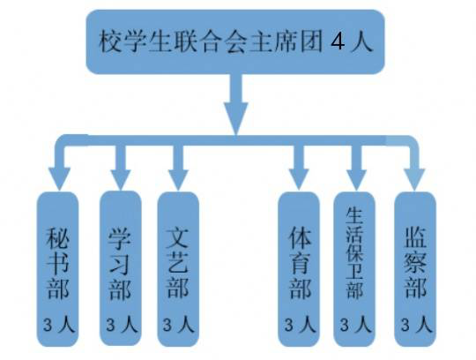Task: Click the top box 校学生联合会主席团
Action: pos(235,41)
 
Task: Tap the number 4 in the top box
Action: pos(338,41)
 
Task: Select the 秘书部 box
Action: pos(57,269)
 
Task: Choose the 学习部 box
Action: pos(121,268)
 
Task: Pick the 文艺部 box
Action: pos(178,269)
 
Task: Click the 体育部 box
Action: pos(299,269)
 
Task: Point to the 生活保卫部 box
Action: pos(354,269)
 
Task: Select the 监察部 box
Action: pos(415,269)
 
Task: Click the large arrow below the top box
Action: pos(236,104)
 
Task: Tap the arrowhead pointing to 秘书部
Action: pos(60,178)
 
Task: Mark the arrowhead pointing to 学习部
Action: pos(121,180)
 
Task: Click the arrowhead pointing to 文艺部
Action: pos(178,180)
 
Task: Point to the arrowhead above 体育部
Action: pos(299,180)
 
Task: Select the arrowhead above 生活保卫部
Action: pos(357,180)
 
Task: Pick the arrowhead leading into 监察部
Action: pos(414,180)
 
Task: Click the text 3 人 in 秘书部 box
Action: pos(58,325)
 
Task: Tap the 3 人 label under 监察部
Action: pos(416,325)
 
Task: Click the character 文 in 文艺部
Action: pos(178,237)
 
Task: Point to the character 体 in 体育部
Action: pos(300,237)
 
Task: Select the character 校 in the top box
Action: pos(110,41)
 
